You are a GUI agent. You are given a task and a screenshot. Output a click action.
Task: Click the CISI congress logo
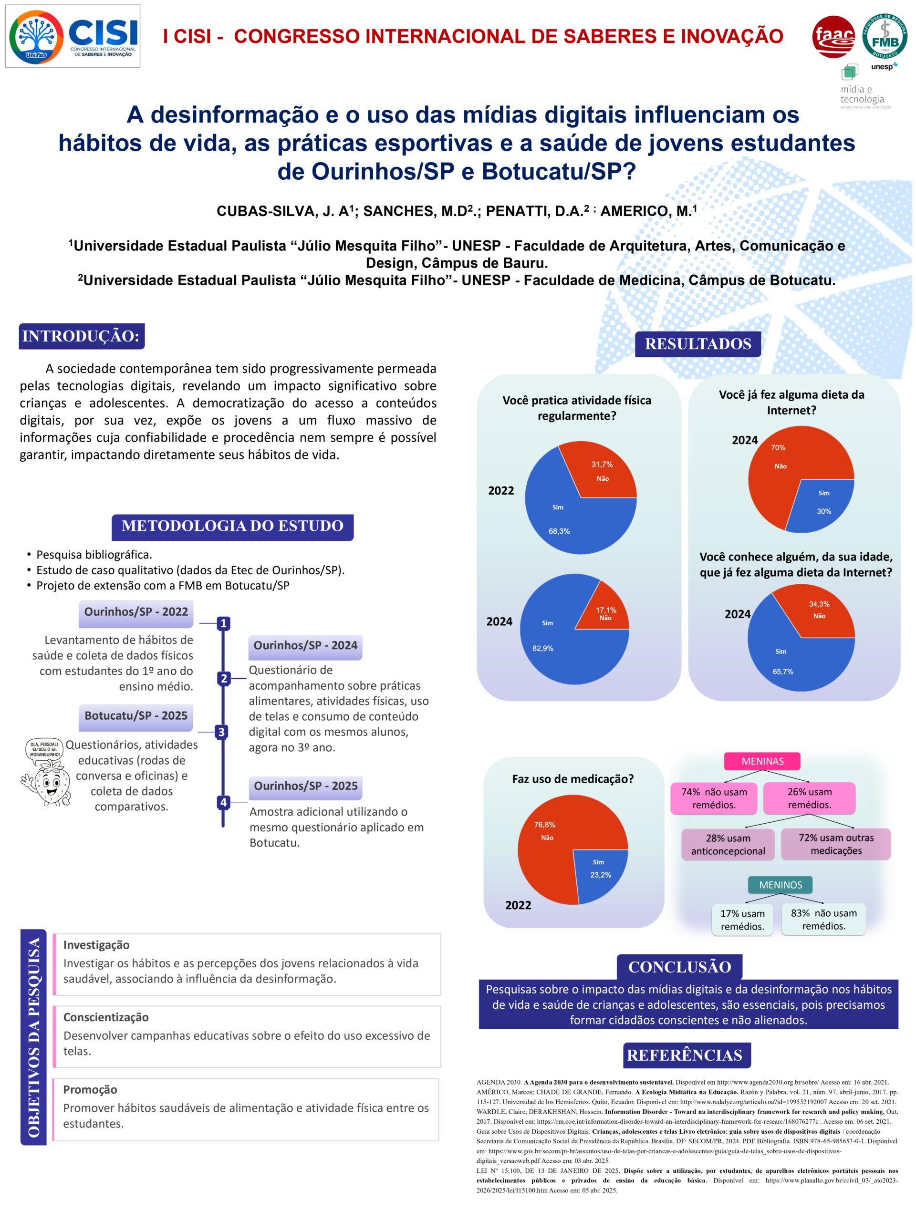click(73, 36)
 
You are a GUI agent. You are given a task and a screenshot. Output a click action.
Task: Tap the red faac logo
click(833, 36)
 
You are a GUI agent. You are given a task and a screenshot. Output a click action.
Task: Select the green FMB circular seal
click(885, 36)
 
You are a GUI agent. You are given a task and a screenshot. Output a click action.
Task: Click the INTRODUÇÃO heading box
click(81, 336)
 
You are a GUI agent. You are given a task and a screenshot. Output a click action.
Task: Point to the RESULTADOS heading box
click(697, 344)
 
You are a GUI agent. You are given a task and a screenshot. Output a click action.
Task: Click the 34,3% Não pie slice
click(817, 610)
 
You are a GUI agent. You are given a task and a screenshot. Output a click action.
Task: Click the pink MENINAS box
click(762, 761)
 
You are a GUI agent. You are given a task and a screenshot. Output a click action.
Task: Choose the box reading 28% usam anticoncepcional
click(728, 845)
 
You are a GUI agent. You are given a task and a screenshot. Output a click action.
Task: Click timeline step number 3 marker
click(221, 732)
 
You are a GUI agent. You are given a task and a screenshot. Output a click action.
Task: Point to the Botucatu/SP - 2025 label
click(136, 715)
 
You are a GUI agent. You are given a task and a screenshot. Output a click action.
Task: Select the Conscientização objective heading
click(105, 1017)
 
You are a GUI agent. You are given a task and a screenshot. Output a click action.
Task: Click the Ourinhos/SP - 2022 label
click(136, 611)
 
